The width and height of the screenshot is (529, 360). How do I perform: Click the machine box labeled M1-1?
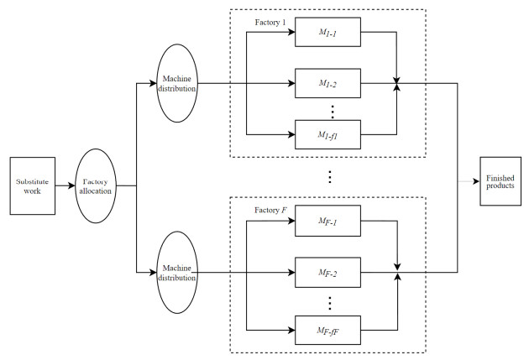pyautogui.click(x=327, y=33)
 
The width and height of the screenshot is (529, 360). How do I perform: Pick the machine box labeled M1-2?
pyautogui.click(x=327, y=84)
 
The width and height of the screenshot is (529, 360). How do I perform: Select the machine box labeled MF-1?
pyautogui.click(x=327, y=223)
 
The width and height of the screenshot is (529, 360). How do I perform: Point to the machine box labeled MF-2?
pyautogui.click(x=327, y=273)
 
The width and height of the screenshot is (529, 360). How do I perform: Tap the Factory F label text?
pyautogui.click(x=272, y=210)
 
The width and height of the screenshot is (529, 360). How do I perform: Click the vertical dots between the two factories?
pyautogui.click(x=330, y=177)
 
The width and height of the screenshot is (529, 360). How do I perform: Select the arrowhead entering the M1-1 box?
pyautogui.click(x=290, y=33)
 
